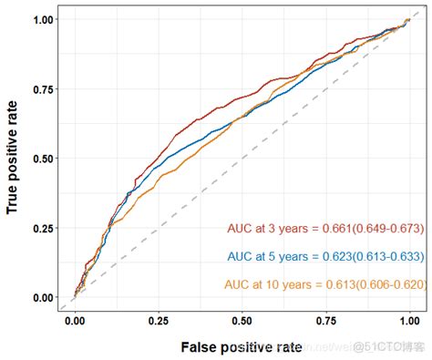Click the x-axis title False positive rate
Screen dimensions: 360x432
click(242, 347)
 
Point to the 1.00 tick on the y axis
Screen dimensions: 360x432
click(41, 19)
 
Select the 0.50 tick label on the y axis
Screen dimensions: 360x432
click(41, 159)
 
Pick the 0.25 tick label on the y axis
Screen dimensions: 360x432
click(41, 228)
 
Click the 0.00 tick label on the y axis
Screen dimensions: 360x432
click(41, 297)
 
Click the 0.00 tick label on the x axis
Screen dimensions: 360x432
click(76, 321)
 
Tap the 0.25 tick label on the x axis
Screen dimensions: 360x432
click(159, 321)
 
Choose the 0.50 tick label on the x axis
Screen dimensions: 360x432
click(242, 321)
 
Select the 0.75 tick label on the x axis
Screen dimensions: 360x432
click(326, 321)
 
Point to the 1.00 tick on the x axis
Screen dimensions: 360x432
click(409, 321)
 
